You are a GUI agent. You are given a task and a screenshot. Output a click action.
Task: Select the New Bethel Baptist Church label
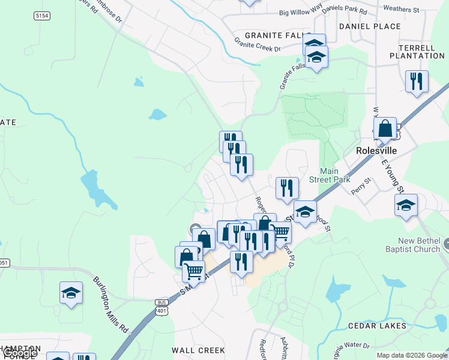pos(419,245)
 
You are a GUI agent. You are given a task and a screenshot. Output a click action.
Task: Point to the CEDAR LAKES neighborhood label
pos(377,326)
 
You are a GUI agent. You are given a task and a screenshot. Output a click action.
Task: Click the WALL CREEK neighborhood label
pos(198,350)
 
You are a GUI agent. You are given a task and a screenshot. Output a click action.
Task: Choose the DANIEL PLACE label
pos(369,26)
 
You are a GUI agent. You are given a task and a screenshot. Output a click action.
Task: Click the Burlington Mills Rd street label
pos(111,305)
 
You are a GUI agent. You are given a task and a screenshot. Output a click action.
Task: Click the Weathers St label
pos(400,10)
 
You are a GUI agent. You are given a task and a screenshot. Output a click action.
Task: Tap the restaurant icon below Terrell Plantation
pos(417,81)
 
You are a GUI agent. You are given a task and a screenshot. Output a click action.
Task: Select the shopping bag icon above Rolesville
pos(385,128)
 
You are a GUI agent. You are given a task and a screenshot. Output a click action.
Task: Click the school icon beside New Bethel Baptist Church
pos(406,205)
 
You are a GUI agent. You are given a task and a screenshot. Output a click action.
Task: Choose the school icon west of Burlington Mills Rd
pos(71,293)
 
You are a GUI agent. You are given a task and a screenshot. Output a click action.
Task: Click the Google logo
pos(20,353)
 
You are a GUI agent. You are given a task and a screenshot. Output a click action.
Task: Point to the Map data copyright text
pos(412,355)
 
